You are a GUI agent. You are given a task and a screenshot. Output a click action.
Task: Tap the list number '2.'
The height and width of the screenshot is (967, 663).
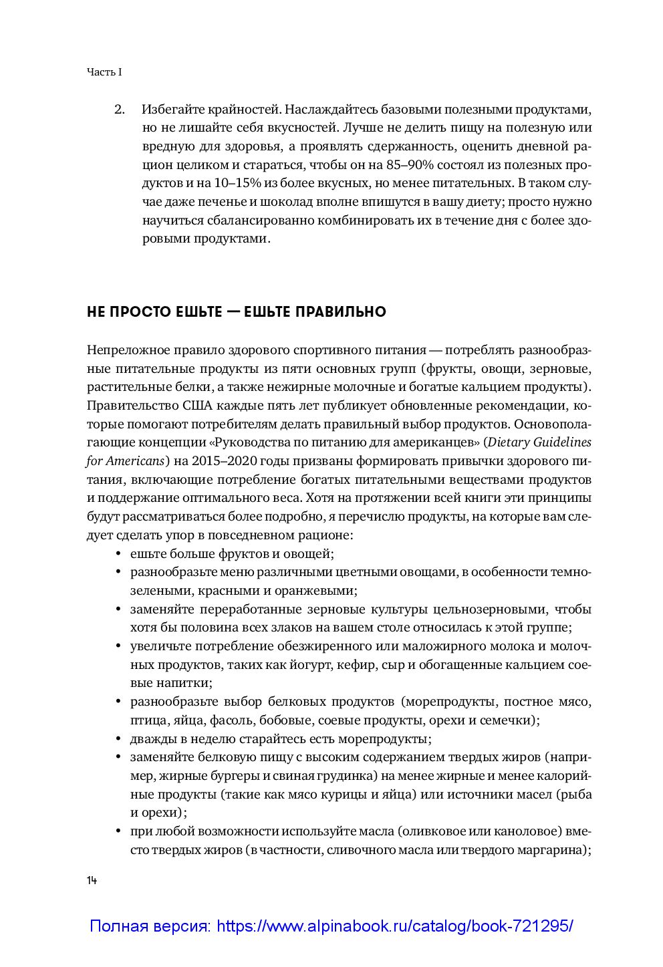point(120,109)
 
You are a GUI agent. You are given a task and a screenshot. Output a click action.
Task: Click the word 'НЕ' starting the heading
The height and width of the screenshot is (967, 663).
point(96,312)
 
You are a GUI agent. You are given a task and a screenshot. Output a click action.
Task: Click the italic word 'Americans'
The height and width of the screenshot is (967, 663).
point(137,461)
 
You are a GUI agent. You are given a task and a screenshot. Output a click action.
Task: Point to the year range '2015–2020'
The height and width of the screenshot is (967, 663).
point(222,461)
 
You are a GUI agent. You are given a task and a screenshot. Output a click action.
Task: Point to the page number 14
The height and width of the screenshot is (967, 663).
point(92,881)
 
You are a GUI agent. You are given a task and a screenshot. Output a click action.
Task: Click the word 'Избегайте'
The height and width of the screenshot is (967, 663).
point(170,109)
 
